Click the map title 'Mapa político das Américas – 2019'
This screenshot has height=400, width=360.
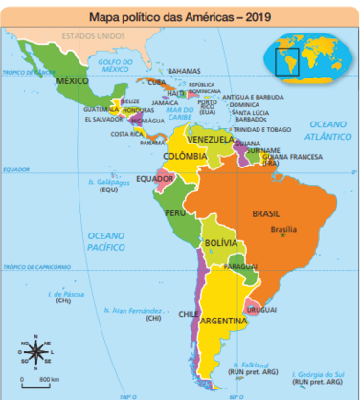click(x=168, y=16)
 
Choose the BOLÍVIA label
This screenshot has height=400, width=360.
click(x=222, y=245)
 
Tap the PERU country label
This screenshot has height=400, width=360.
click(x=176, y=212)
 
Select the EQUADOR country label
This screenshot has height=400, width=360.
click(x=154, y=178)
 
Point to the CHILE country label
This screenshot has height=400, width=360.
click(x=189, y=313)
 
